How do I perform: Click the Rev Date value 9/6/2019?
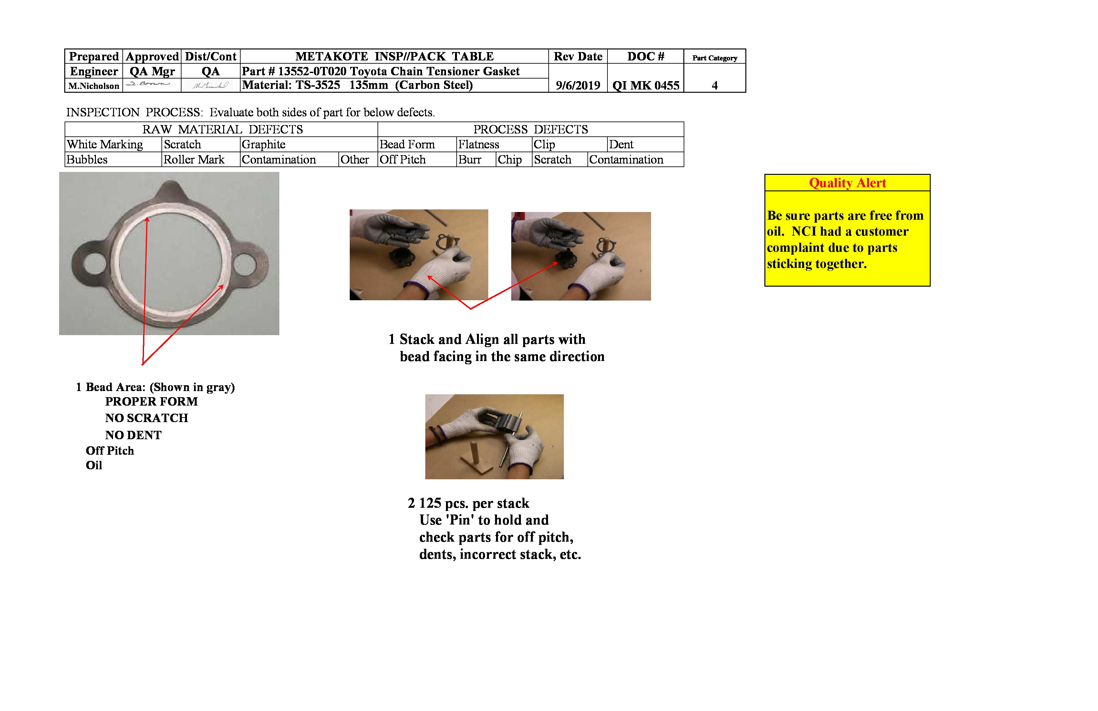coord(578,85)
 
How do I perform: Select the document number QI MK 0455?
coord(646,85)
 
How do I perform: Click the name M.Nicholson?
coord(94,86)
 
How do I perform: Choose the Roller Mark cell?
coord(194,160)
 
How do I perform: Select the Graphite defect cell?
coord(264,144)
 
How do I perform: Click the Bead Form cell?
coord(407,144)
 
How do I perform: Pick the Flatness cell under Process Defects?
coord(478,144)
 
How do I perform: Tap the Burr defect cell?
coord(470,160)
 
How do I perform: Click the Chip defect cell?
coord(509,160)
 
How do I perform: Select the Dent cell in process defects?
coord(621,144)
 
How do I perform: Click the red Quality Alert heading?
coord(847,183)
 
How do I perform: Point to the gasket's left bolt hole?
coord(94,264)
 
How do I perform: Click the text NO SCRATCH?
coord(147,418)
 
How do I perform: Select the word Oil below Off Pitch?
coord(94,465)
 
